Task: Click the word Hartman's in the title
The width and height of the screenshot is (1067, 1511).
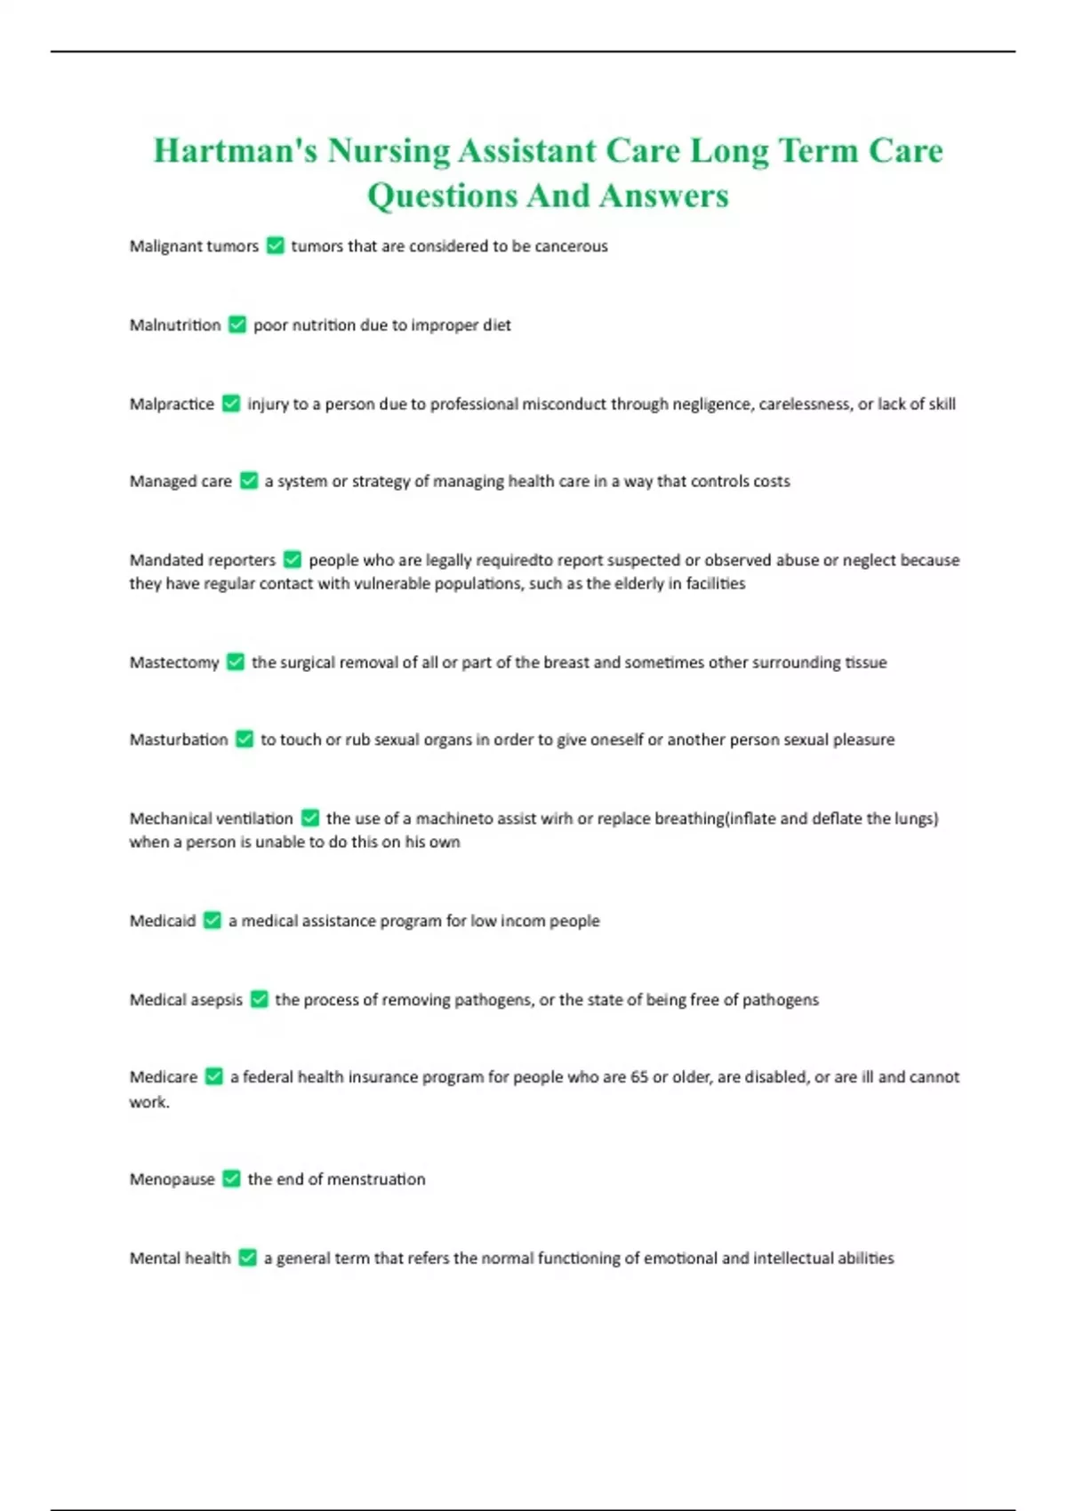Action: (x=235, y=151)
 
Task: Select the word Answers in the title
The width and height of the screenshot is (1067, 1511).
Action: (x=663, y=196)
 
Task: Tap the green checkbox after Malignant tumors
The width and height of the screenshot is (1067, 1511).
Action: (x=276, y=245)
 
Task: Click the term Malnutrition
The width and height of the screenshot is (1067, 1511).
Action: (x=175, y=325)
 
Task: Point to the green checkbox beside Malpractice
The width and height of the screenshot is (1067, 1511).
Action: (x=231, y=404)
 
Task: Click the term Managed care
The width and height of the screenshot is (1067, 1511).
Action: (x=181, y=481)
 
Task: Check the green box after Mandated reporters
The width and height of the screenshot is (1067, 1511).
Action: (x=293, y=560)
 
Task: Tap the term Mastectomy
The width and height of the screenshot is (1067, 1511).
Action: (x=174, y=662)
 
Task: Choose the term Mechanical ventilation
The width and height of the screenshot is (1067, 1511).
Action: (x=211, y=819)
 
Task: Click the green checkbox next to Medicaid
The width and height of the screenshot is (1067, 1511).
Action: (x=213, y=921)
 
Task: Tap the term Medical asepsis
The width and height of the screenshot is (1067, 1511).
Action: (x=186, y=1000)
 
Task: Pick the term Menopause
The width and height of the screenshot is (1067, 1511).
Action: (x=172, y=1179)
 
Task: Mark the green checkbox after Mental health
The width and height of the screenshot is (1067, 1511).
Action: (x=248, y=1258)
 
